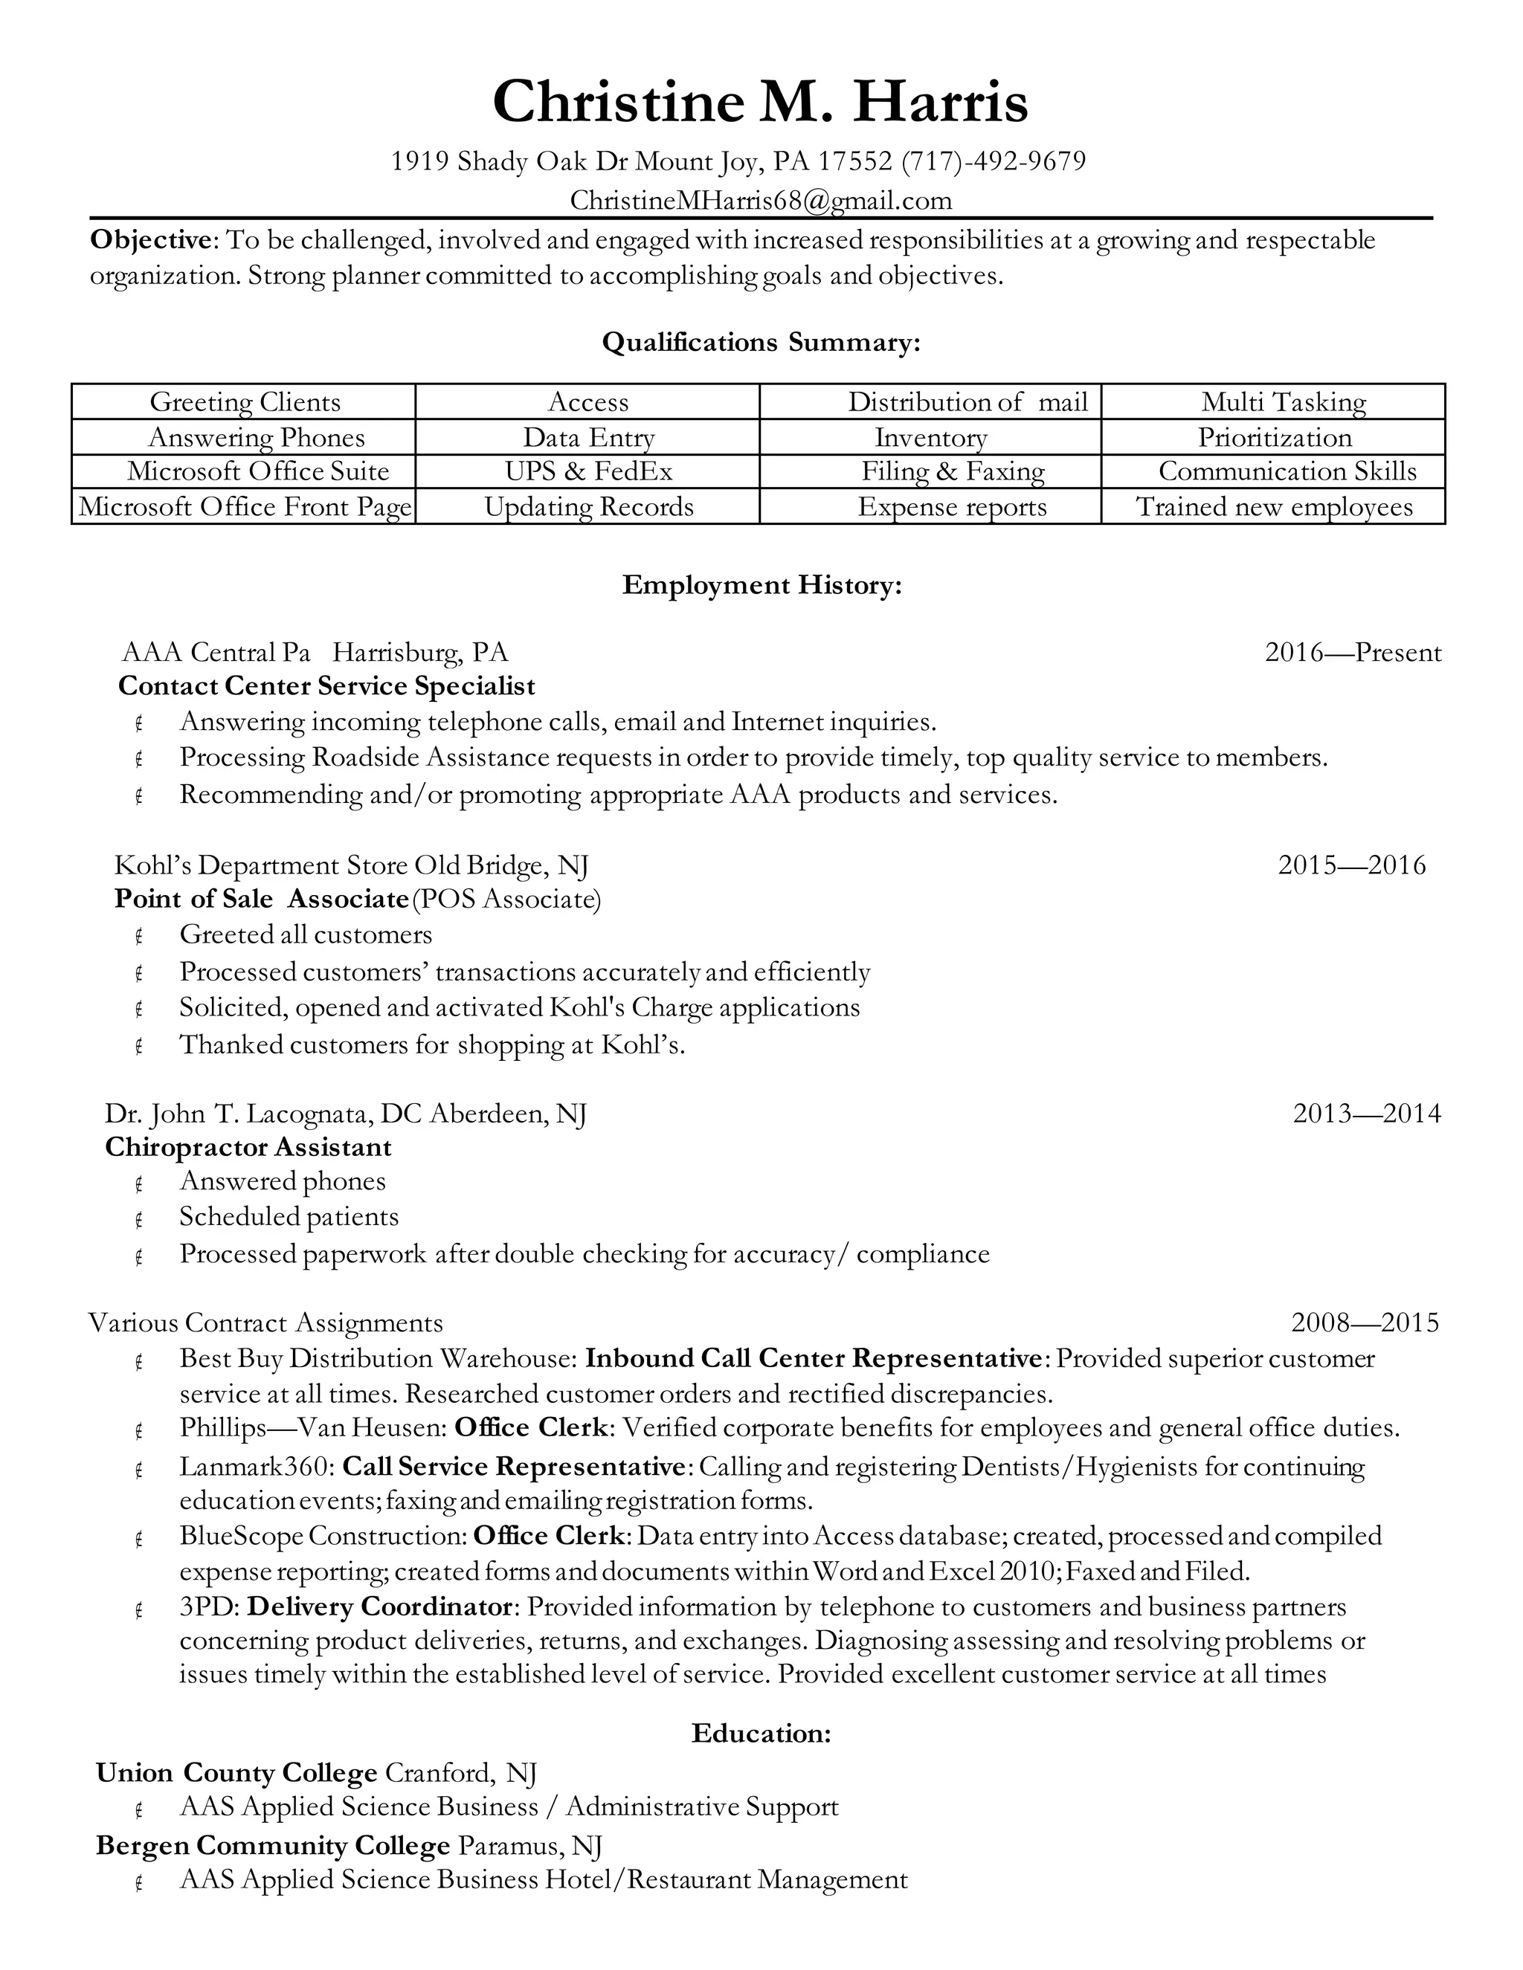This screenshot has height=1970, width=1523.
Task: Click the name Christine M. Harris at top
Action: click(x=760, y=101)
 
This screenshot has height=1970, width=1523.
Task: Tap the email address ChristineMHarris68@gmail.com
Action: click(x=761, y=199)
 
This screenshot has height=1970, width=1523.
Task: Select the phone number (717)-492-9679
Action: click(x=993, y=161)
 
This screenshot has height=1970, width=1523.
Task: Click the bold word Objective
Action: click(x=149, y=240)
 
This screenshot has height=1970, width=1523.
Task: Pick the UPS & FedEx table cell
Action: click(x=588, y=471)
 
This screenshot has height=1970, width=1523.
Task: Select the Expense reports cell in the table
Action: click(x=952, y=506)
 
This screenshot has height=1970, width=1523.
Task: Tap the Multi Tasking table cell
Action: click(x=1283, y=401)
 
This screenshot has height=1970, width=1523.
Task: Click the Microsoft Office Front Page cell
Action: click(x=245, y=506)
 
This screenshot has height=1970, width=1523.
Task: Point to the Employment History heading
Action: click(x=761, y=585)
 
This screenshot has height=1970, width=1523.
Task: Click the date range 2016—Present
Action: click(x=1353, y=652)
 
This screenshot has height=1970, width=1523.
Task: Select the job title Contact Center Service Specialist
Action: click(x=326, y=686)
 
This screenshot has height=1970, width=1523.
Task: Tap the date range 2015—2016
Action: click(x=1350, y=865)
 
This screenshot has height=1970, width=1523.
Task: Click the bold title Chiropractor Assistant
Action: click(x=248, y=1147)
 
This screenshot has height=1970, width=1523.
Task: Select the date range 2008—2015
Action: click(x=1364, y=1323)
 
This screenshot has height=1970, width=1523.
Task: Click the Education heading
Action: click(x=761, y=1733)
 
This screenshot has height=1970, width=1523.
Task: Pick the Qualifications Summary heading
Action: click(x=761, y=342)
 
